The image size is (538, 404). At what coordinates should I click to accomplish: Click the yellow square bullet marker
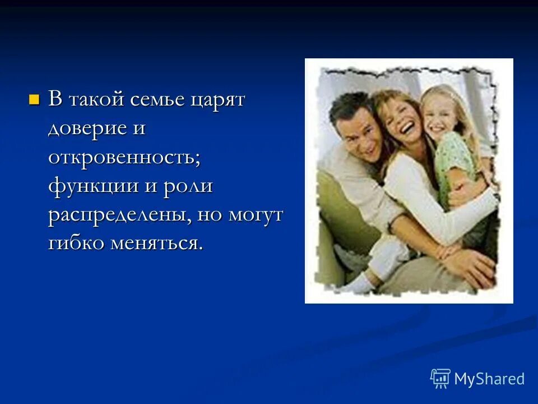(35, 100)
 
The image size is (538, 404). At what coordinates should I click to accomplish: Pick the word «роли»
(188, 186)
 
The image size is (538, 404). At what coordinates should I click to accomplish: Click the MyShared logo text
(489, 379)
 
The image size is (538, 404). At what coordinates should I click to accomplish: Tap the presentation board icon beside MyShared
(440, 378)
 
